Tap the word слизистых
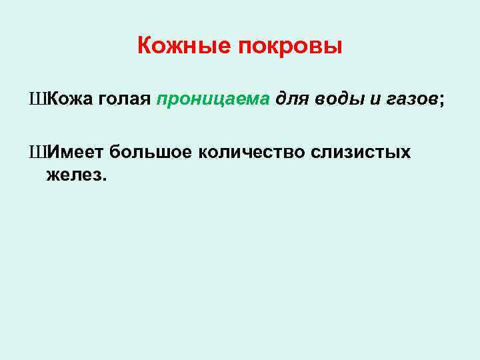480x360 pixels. [361, 153]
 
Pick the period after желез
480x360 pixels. [103, 179]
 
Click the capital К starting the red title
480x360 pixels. [144, 47]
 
